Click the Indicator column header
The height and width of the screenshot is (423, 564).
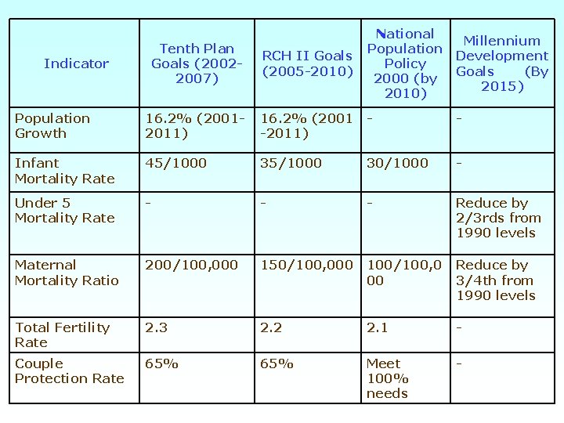76,63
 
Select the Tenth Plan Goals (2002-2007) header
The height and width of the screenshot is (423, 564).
197,63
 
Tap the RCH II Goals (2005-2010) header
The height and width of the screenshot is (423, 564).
307,63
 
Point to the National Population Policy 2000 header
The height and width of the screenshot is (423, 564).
405,63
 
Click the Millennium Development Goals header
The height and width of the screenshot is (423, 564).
501,63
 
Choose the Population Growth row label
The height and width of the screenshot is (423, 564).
52,125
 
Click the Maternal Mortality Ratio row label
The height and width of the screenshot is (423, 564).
67,273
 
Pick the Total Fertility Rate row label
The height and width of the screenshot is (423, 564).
62,334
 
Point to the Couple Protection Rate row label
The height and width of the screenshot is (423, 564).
69,371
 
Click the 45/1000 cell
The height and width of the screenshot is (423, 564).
176,163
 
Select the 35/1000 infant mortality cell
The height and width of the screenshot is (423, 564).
291,163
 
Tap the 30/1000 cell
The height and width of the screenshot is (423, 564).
397,163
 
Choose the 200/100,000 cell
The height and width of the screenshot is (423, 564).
191,265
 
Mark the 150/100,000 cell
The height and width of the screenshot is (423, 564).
306,265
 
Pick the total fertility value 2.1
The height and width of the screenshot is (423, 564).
377,327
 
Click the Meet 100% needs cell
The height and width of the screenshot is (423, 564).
387,378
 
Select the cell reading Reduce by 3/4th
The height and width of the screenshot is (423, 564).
495,280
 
